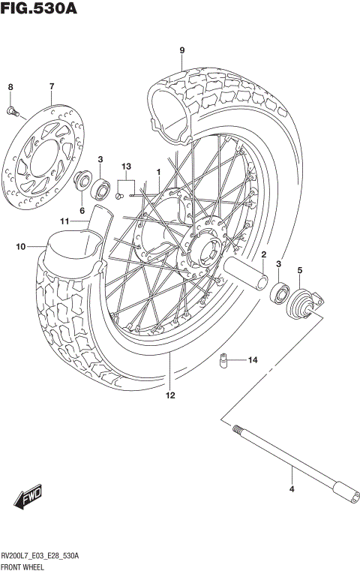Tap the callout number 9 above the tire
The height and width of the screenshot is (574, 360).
coord(181,50)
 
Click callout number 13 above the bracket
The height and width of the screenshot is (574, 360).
coord(127,165)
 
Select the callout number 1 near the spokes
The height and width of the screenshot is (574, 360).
coord(159,173)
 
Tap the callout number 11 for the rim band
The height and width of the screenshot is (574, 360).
coord(65,221)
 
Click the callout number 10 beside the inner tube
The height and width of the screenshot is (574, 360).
coord(19,246)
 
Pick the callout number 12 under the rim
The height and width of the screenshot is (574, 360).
coord(170,395)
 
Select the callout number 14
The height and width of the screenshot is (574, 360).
coord(252,361)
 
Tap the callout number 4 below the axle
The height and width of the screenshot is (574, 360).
coord(292,491)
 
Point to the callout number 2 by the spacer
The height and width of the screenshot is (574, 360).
coord(263,256)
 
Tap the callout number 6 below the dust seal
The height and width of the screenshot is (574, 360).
coord(82,211)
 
